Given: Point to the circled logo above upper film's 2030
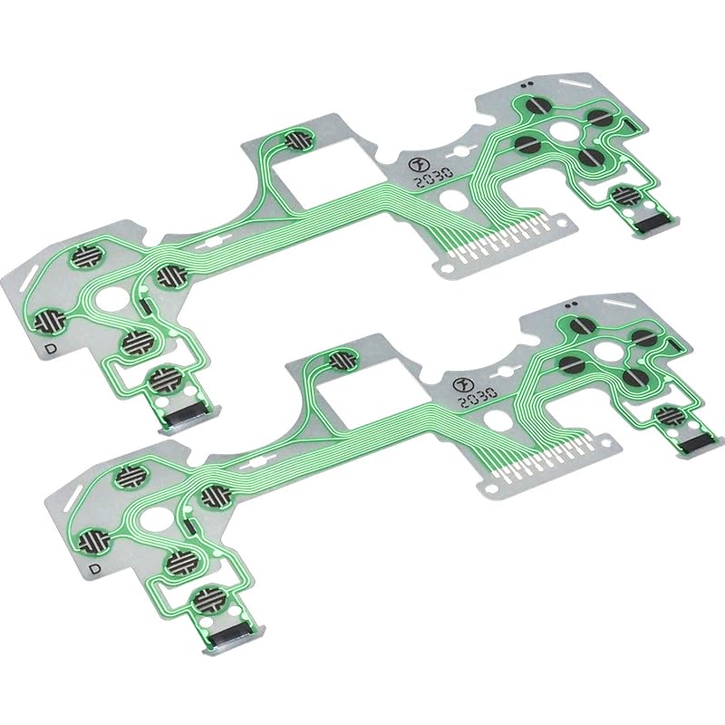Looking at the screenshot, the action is (x=418, y=163).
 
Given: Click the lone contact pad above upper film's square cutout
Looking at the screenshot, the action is (x=298, y=140).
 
